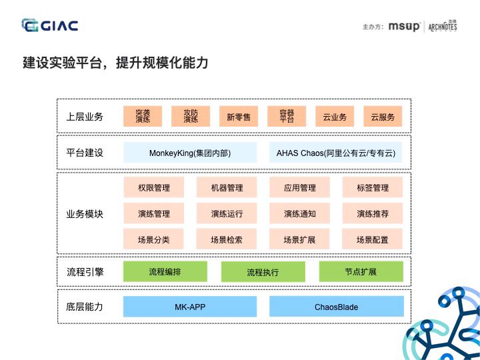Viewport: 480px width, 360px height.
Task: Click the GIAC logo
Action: [x=50, y=26]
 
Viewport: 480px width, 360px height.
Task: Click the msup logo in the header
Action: [x=404, y=27]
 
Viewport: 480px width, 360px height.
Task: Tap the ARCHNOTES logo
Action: [x=443, y=27]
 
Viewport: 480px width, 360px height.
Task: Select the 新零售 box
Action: [x=239, y=117]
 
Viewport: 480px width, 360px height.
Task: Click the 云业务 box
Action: [x=335, y=117]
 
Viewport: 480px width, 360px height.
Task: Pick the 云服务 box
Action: [x=383, y=117]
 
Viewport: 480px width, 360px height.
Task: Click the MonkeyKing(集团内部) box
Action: [x=190, y=153]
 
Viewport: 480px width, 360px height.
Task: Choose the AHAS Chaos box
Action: [x=336, y=153]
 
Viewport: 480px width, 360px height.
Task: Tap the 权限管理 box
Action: [x=154, y=187]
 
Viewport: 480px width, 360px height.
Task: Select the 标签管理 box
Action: [x=373, y=187]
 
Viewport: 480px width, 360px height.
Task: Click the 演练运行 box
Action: [x=227, y=213]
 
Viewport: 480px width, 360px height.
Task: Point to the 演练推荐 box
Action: [x=373, y=213]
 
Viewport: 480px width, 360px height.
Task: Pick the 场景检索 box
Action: [x=227, y=239]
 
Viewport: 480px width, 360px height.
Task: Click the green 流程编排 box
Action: [x=165, y=271]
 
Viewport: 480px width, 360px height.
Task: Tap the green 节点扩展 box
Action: [x=361, y=271]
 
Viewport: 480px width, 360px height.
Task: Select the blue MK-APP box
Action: [x=190, y=307]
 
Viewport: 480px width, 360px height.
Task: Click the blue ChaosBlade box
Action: [x=336, y=307]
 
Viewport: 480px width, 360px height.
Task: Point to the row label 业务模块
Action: [x=85, y=214]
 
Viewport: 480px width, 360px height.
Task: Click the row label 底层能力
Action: [x=85, y=307]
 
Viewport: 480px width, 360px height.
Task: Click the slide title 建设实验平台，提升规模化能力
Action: [x=115, y=63]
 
